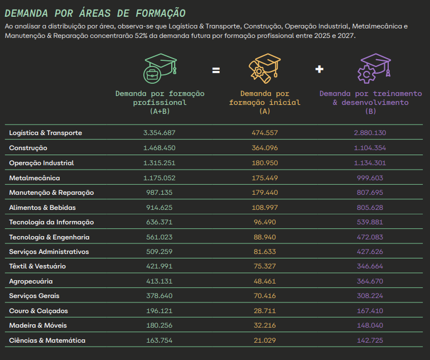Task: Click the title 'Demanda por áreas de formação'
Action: pos(95,13)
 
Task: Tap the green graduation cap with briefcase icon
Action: pos(160,68)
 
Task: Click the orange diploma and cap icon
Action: pos(264,68)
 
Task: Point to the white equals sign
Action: pos(216,70)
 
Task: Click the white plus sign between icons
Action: pos(319,69)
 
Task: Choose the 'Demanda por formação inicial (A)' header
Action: pos(265,102)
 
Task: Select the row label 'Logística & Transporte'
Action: pos(46,133)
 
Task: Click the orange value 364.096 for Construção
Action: pos(264,148)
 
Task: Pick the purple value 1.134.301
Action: pos(370,163)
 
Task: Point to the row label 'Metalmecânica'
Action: pos(35,178)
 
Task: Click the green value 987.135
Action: pos(160,193)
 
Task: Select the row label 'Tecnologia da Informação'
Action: pos(51,222)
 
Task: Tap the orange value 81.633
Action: pos(265,252)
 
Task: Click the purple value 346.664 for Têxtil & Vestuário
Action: pos(370,266)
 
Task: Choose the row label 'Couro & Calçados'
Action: pos(38,311)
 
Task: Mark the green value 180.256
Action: pos(160,325)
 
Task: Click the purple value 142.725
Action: pos(370,340)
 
